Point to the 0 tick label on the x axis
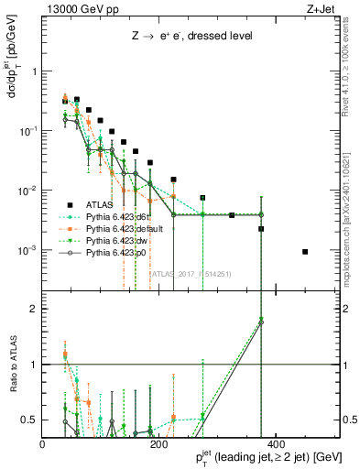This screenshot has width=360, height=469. (43, 443)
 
